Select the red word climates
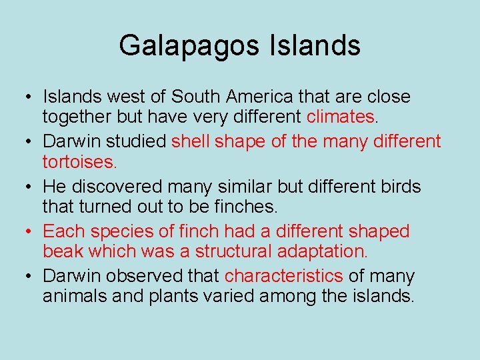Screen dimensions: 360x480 click(x=341, y=117)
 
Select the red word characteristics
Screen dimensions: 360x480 click(x=283, y=276)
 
